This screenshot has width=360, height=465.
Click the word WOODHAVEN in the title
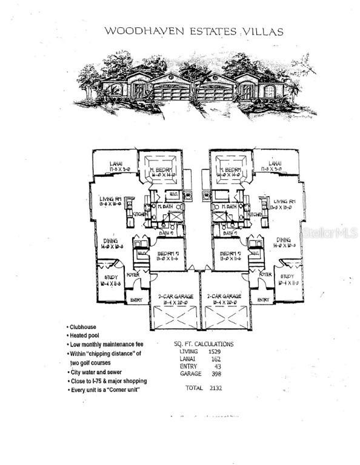point(133,30)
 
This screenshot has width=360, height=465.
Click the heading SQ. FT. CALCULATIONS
point(204,343)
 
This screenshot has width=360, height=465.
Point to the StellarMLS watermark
point(329,232)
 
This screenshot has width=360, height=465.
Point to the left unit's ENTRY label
point(135,299)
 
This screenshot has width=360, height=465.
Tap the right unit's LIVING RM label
point(285,201)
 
